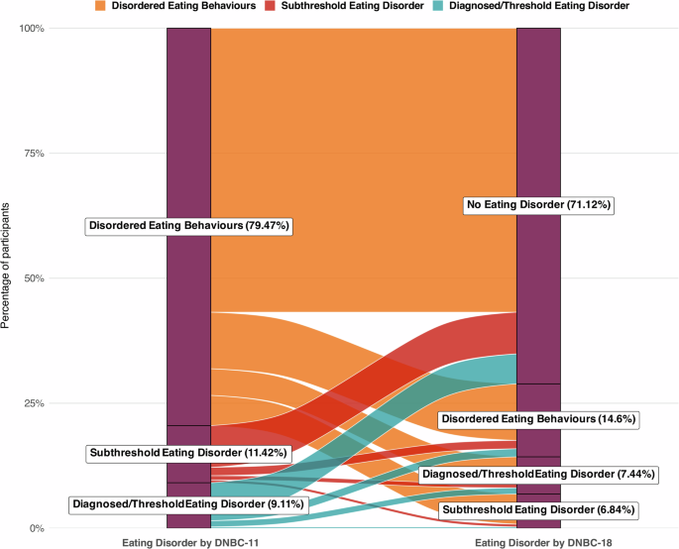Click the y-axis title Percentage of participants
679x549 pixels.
[x=8, y=278]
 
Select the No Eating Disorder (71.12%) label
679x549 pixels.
[x=539, y=205]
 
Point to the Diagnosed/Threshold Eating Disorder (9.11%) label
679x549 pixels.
[x=188, y=504]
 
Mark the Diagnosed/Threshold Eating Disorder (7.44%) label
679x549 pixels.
[x=538, y=475]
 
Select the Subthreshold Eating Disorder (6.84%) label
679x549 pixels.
[x=537, y=509]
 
